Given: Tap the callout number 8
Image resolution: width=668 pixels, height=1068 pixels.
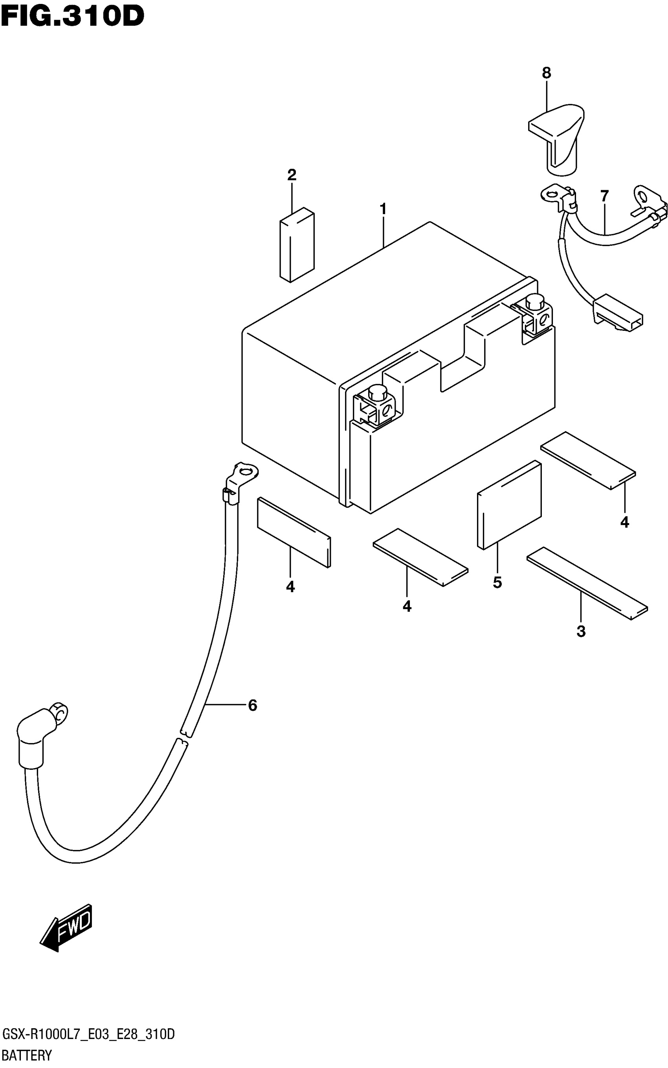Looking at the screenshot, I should [x=547, y=73].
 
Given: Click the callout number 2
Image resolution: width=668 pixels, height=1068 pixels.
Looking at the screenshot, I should [x=292, y=175].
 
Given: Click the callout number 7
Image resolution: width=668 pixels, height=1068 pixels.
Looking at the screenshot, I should [x=604, y=195].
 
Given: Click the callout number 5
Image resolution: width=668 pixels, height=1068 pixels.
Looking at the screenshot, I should [x=497, y=583].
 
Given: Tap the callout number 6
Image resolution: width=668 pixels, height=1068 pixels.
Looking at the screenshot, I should [x=252, y=705].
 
